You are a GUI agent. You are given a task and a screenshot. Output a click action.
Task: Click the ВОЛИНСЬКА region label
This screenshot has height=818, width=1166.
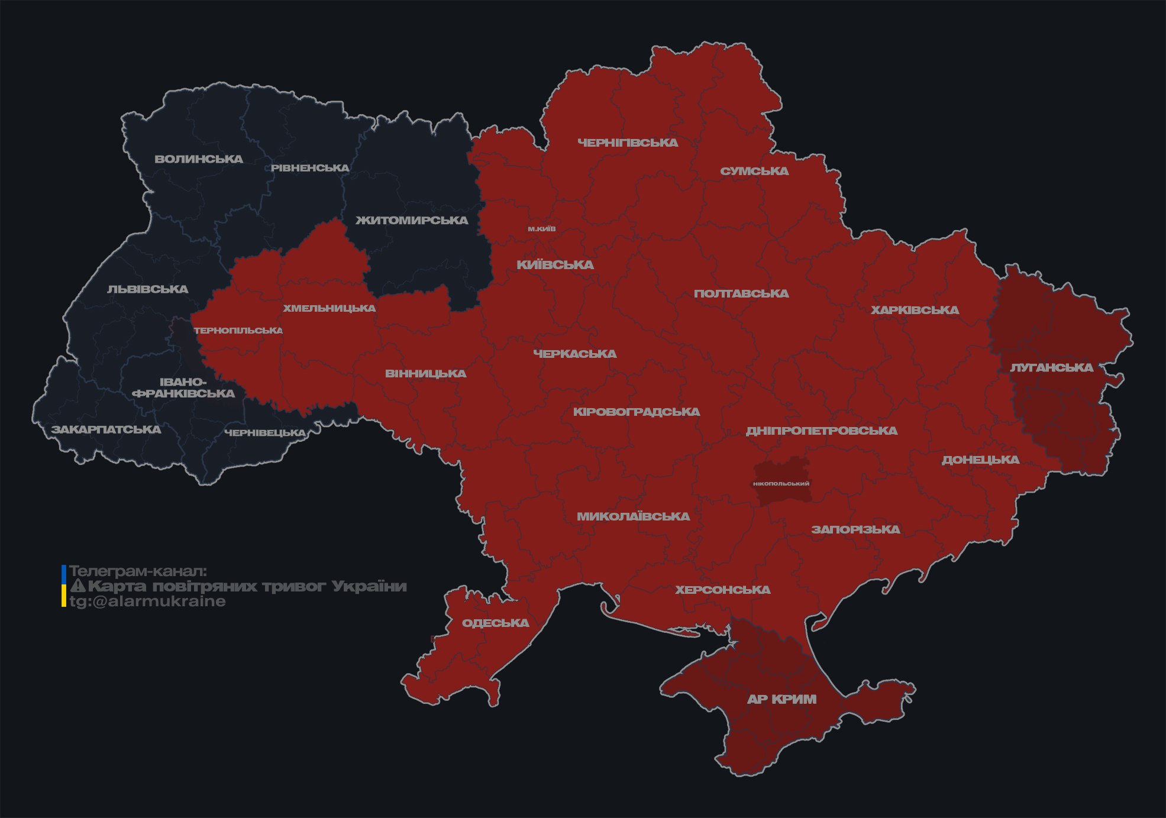(199, 159)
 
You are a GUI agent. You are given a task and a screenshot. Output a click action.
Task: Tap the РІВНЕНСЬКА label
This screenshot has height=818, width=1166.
(310, 168)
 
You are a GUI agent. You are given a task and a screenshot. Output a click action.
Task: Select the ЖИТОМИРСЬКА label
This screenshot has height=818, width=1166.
(412, 221)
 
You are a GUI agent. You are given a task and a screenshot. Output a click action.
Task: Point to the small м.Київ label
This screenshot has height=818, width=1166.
(542, 229)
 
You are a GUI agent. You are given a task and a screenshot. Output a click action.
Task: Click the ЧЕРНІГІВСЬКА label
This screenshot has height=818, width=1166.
(628, 143)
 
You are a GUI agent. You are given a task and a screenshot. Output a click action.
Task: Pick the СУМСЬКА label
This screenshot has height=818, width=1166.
(754, 172)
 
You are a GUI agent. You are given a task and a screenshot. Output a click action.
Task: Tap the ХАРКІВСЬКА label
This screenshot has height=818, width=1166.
(915, 310)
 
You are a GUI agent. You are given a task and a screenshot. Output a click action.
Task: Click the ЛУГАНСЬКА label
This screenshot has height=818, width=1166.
(1051, 368)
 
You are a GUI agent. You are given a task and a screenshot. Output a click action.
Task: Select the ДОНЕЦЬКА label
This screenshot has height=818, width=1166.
(980, 460)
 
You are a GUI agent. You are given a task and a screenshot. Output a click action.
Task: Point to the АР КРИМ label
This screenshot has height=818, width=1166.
(781, 699)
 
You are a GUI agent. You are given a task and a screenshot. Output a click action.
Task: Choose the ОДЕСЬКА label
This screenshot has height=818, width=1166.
(495, 623)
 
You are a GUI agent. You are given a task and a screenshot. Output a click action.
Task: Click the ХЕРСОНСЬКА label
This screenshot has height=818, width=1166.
(722, 590)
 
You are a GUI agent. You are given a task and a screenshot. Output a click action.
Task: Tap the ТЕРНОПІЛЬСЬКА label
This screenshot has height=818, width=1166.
(238, 331)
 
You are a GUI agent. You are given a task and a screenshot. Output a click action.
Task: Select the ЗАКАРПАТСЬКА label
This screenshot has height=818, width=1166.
(106, 429)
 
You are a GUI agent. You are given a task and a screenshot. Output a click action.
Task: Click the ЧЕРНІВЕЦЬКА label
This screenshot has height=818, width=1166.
(265, 433)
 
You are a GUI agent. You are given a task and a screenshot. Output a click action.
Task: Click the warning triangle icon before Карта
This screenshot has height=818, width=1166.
(78, 586)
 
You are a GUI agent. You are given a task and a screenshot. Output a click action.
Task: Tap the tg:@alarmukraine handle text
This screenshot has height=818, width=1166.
(147, 602)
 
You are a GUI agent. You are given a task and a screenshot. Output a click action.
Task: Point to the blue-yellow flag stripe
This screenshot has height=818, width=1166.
(64, 586)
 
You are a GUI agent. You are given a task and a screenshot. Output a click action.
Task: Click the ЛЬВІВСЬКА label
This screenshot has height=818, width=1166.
(147, 289)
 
